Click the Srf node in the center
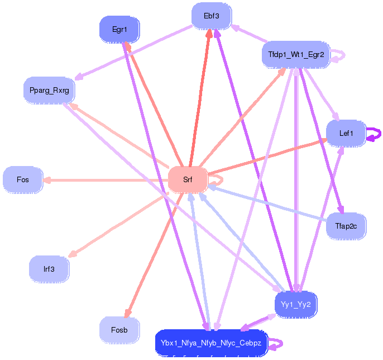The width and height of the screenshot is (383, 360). (x=188, y=180)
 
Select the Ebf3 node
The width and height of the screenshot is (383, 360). (x=212, y=16)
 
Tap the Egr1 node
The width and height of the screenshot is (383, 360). (x=119, y=30)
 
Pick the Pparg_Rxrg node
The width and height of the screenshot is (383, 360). (x=49, y=91)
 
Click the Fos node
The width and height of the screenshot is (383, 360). (x=23, y=180)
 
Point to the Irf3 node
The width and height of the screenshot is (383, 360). (x=49, y=269)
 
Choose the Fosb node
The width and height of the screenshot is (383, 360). (x=119, y=330)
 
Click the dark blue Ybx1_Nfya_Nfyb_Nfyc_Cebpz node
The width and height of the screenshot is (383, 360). (x=211, y=343)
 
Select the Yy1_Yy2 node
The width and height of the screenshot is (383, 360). (x=296, y=305)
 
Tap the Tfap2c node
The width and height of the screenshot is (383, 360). (x=346, y=226)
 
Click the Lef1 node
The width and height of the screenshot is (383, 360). (x=346, y=133)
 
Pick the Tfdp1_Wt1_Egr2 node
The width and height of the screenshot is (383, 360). (x=296, y=54)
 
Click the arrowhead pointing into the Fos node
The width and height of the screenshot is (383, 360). (x=46, y=180)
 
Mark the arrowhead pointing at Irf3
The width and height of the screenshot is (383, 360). (x=73, y=254)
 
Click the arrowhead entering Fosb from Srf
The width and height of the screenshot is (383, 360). (x=128, y=313)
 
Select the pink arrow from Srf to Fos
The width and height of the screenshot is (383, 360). (x=106, y=180)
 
